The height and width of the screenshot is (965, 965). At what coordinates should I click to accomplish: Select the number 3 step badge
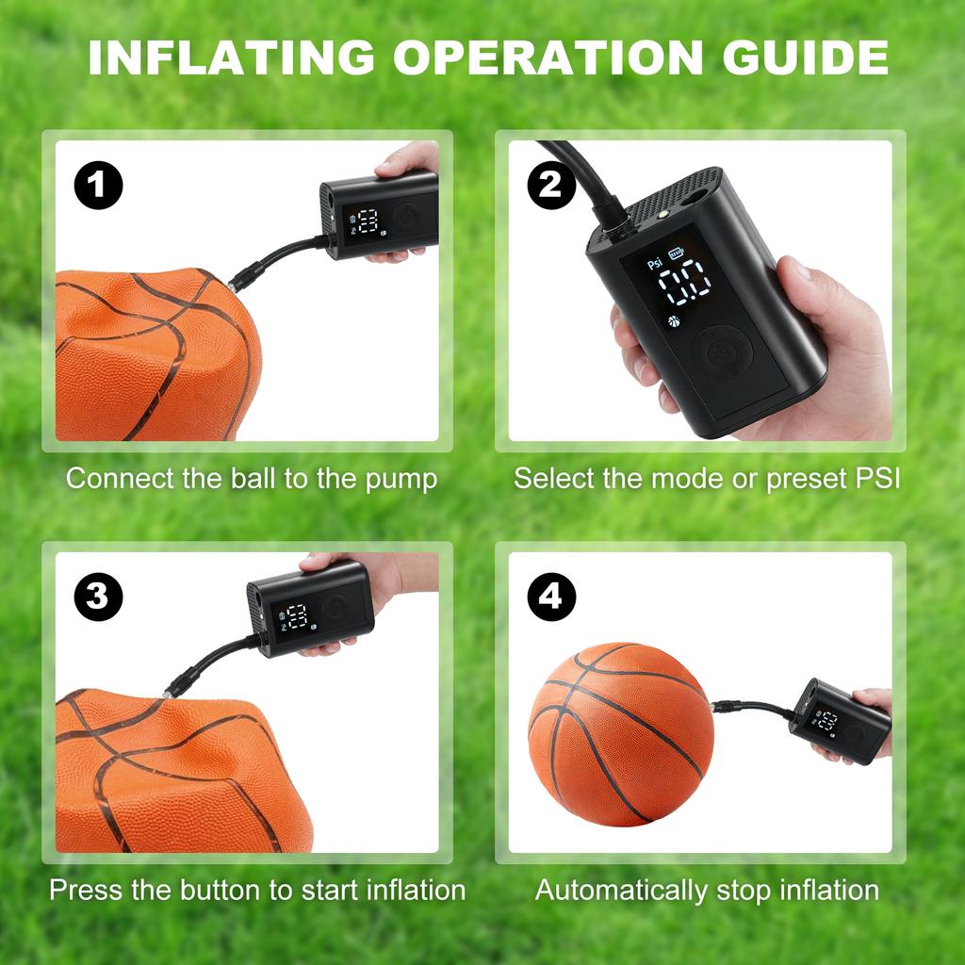(x=98, y=597)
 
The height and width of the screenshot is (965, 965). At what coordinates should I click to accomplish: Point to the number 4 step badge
(x=551, y=597)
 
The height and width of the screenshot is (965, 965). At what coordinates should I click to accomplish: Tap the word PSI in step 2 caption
(x=877, y=479)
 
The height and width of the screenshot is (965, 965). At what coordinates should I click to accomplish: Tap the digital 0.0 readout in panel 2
(x=684, y=280)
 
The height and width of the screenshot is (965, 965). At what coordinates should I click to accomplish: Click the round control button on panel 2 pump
(x=722, y=352)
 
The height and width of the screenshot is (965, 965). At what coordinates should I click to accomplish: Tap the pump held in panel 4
(x=840, y=722)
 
